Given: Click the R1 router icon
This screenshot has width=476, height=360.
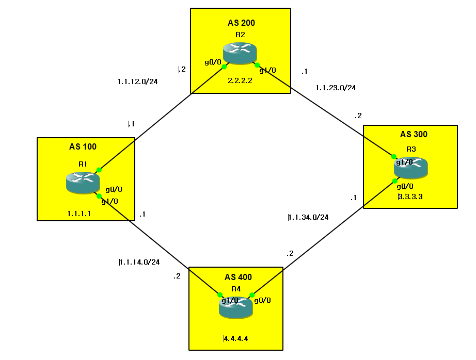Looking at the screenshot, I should [x=83, y=183].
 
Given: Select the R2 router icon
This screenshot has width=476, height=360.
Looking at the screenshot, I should [x=240, y=53].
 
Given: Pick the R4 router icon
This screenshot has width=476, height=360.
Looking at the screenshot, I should [x=236, y=307].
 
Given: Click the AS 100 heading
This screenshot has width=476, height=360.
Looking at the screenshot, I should [x=83, y=147].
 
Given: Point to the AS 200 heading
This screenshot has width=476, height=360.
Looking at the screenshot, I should [x=241, y=23].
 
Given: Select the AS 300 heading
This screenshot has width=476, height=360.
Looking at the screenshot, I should [x=414, y=135].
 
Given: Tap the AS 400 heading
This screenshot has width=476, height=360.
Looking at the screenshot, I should [x=238, y=277].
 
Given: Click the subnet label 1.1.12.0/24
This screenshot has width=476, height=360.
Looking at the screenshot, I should [x=137, y=81].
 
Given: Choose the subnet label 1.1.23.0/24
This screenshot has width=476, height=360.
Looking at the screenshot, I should [x=336, y=88].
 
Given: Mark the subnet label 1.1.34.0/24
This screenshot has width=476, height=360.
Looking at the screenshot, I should [x=308, y=217].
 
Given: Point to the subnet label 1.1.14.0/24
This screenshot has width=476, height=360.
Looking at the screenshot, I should [x=139, y=262].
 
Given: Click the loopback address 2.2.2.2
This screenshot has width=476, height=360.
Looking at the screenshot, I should [x=240, y=80].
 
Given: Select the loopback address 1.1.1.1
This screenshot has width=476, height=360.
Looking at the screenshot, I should [x=79, y=213].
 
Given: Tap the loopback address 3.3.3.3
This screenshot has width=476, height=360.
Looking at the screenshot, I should [x=410, y=197].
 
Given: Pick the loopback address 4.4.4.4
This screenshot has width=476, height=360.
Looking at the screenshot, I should [x=236, y=339].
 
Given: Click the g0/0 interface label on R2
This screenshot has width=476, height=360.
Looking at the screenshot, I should [x=213, y=62].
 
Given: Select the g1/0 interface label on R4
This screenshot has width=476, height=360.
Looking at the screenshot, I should [x=230, y=301].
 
